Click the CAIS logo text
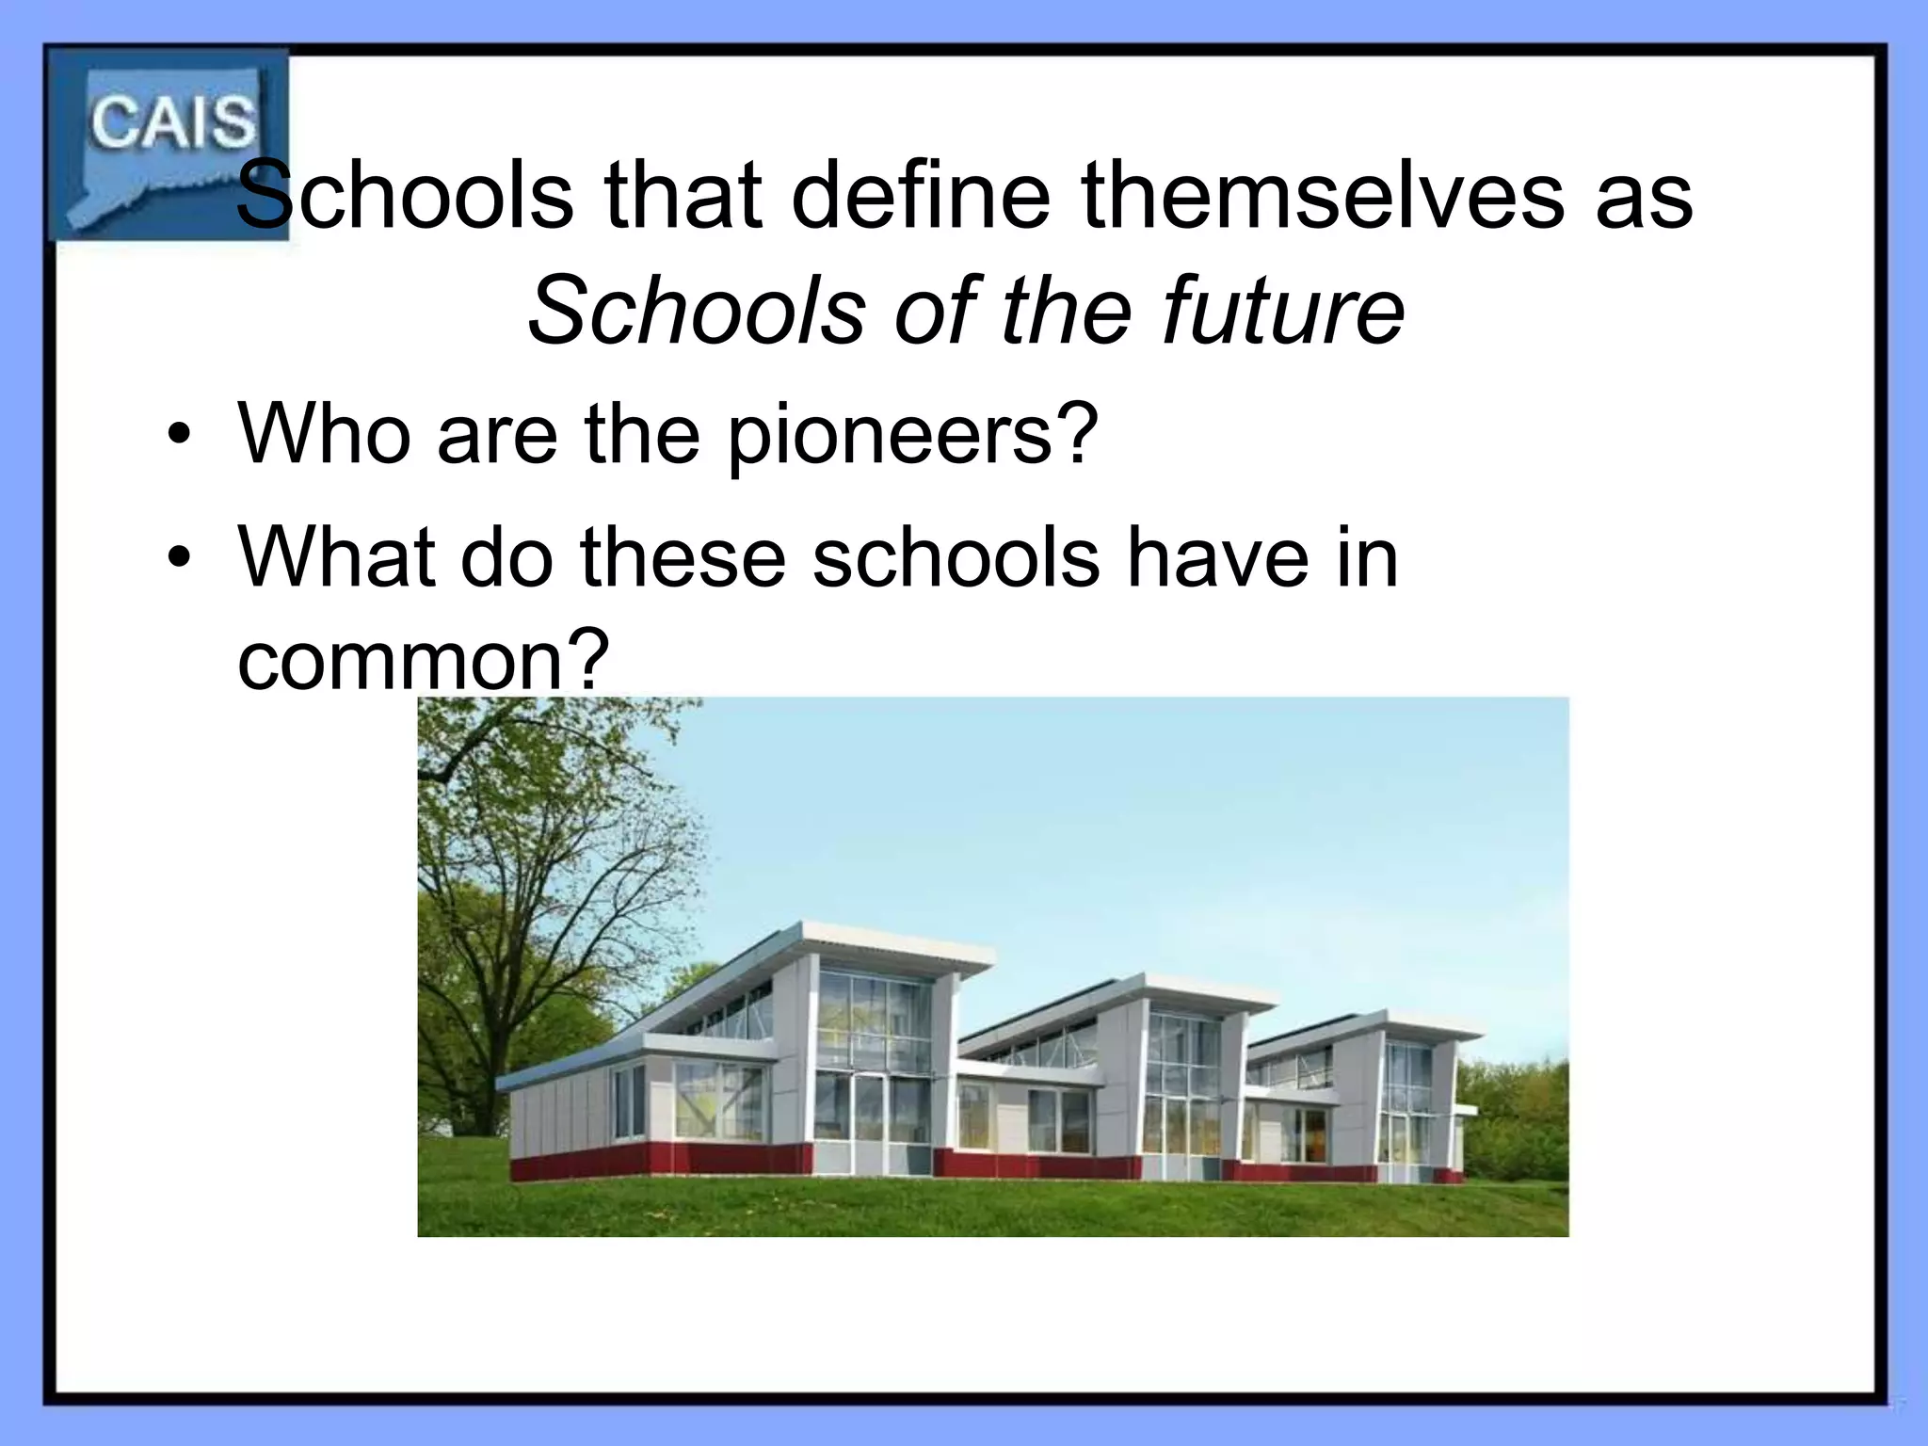tap(172, 123)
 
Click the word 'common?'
tap(418, 660)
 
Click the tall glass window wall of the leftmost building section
tap(872, 1064)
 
